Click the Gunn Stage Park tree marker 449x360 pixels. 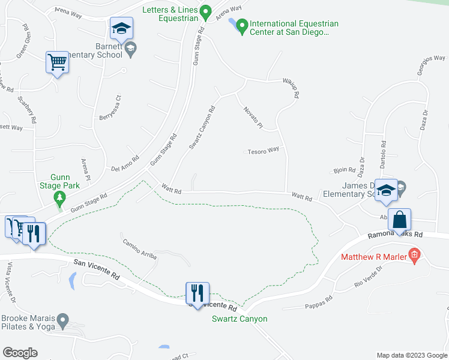tap(59, 197)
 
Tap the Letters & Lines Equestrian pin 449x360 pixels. tap(206, 11)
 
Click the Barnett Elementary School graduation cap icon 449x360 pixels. tap(121, 28)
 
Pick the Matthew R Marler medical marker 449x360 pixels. tap(414, 257)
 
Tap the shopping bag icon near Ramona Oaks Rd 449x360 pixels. tap(399, 220)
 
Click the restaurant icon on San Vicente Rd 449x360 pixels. tap(197, 293)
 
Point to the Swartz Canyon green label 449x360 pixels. tap(240, 319)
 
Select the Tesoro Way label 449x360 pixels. tap(264, 150)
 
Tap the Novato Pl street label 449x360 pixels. tap(253, 117)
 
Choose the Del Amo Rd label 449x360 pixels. tap(126, 164)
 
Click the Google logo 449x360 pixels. tap(20, 353)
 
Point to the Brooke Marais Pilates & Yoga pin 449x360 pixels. tap(62, 323)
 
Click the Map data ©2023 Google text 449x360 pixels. tap(411, 355)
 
